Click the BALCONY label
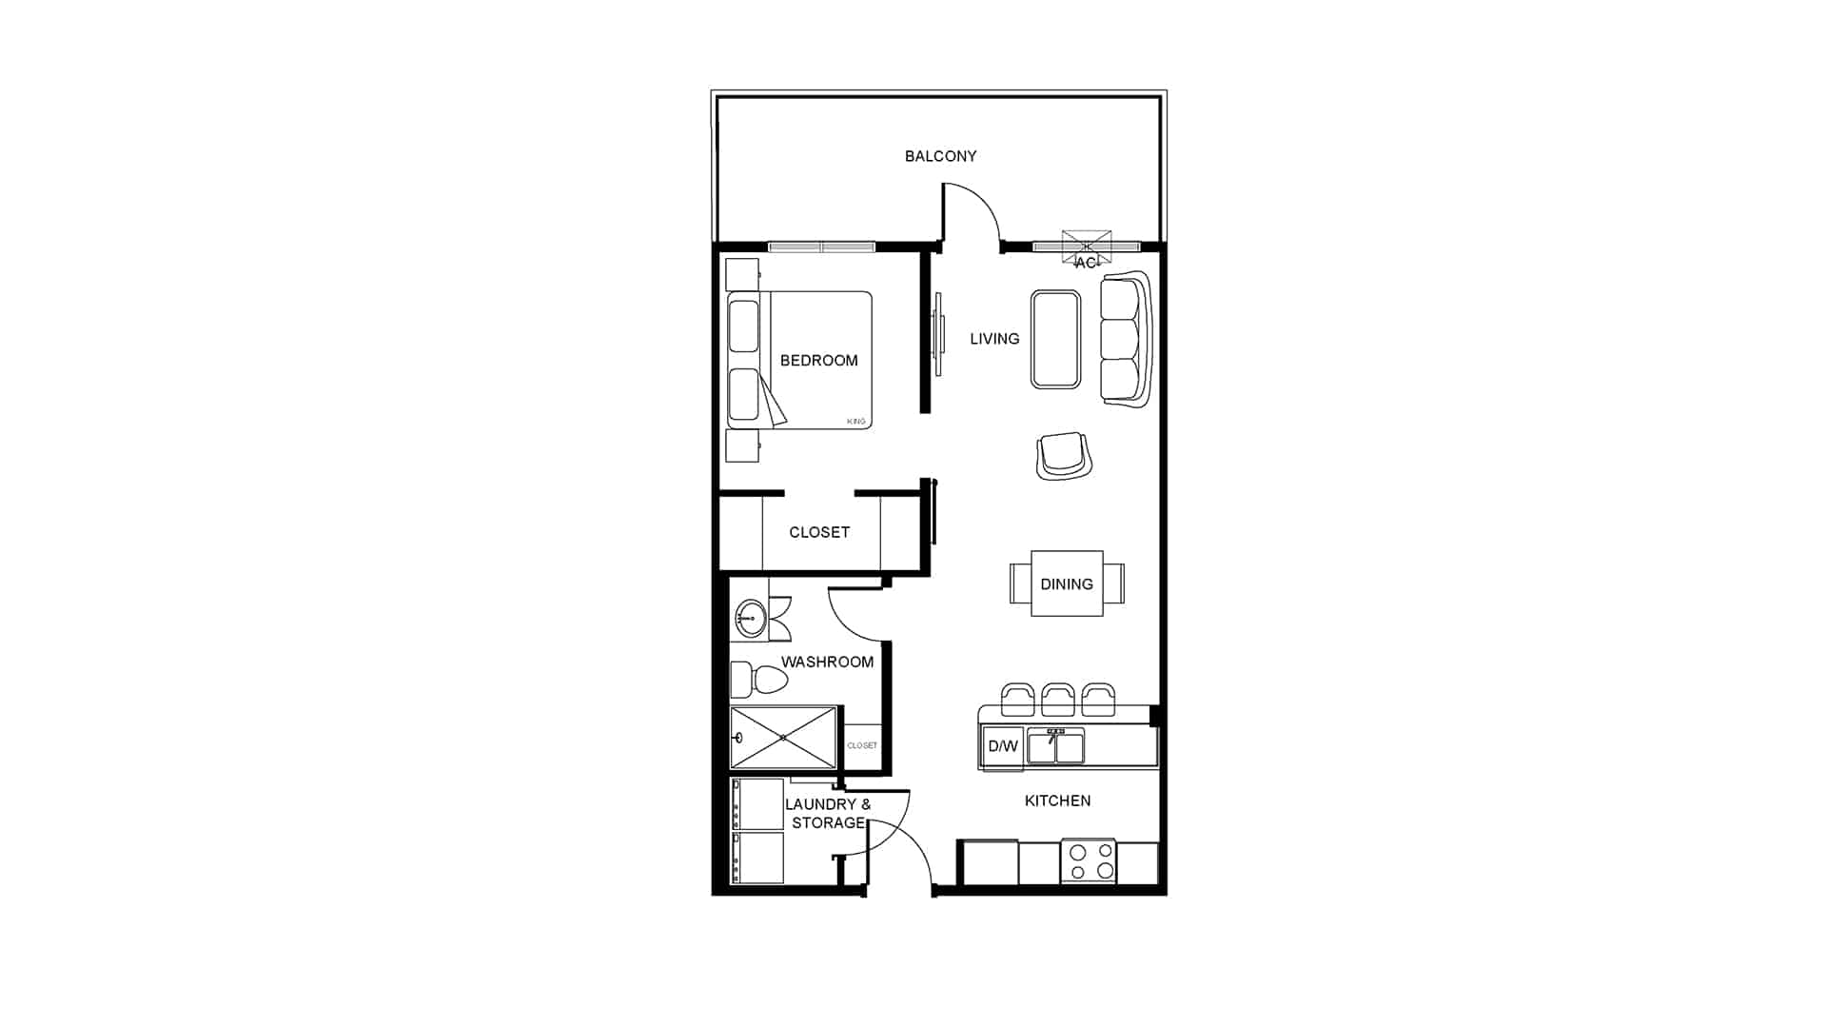click(x=940, y=156)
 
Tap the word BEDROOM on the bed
click(x=818, y=361)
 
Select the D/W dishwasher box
click(x=1003, y=746)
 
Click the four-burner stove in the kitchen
click(x=1089, y=861)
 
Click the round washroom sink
click(x=751, y=619)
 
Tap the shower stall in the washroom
click(x=783, y=738)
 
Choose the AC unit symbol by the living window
click(x=1087, y=247)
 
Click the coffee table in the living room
click(x=1055, y=340)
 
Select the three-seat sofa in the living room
click(x=1128, y=340)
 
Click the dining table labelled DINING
click(x=1067, y=583)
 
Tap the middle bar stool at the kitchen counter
click(x=1058, y=700)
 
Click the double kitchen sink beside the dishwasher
click(x=1055, y=747)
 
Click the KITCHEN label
click(x=1057, y=801)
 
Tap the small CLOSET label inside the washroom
click(x=862, y=745)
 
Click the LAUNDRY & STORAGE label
click(x=828, y=814)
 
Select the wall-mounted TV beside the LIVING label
click(x=938, y=334)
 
